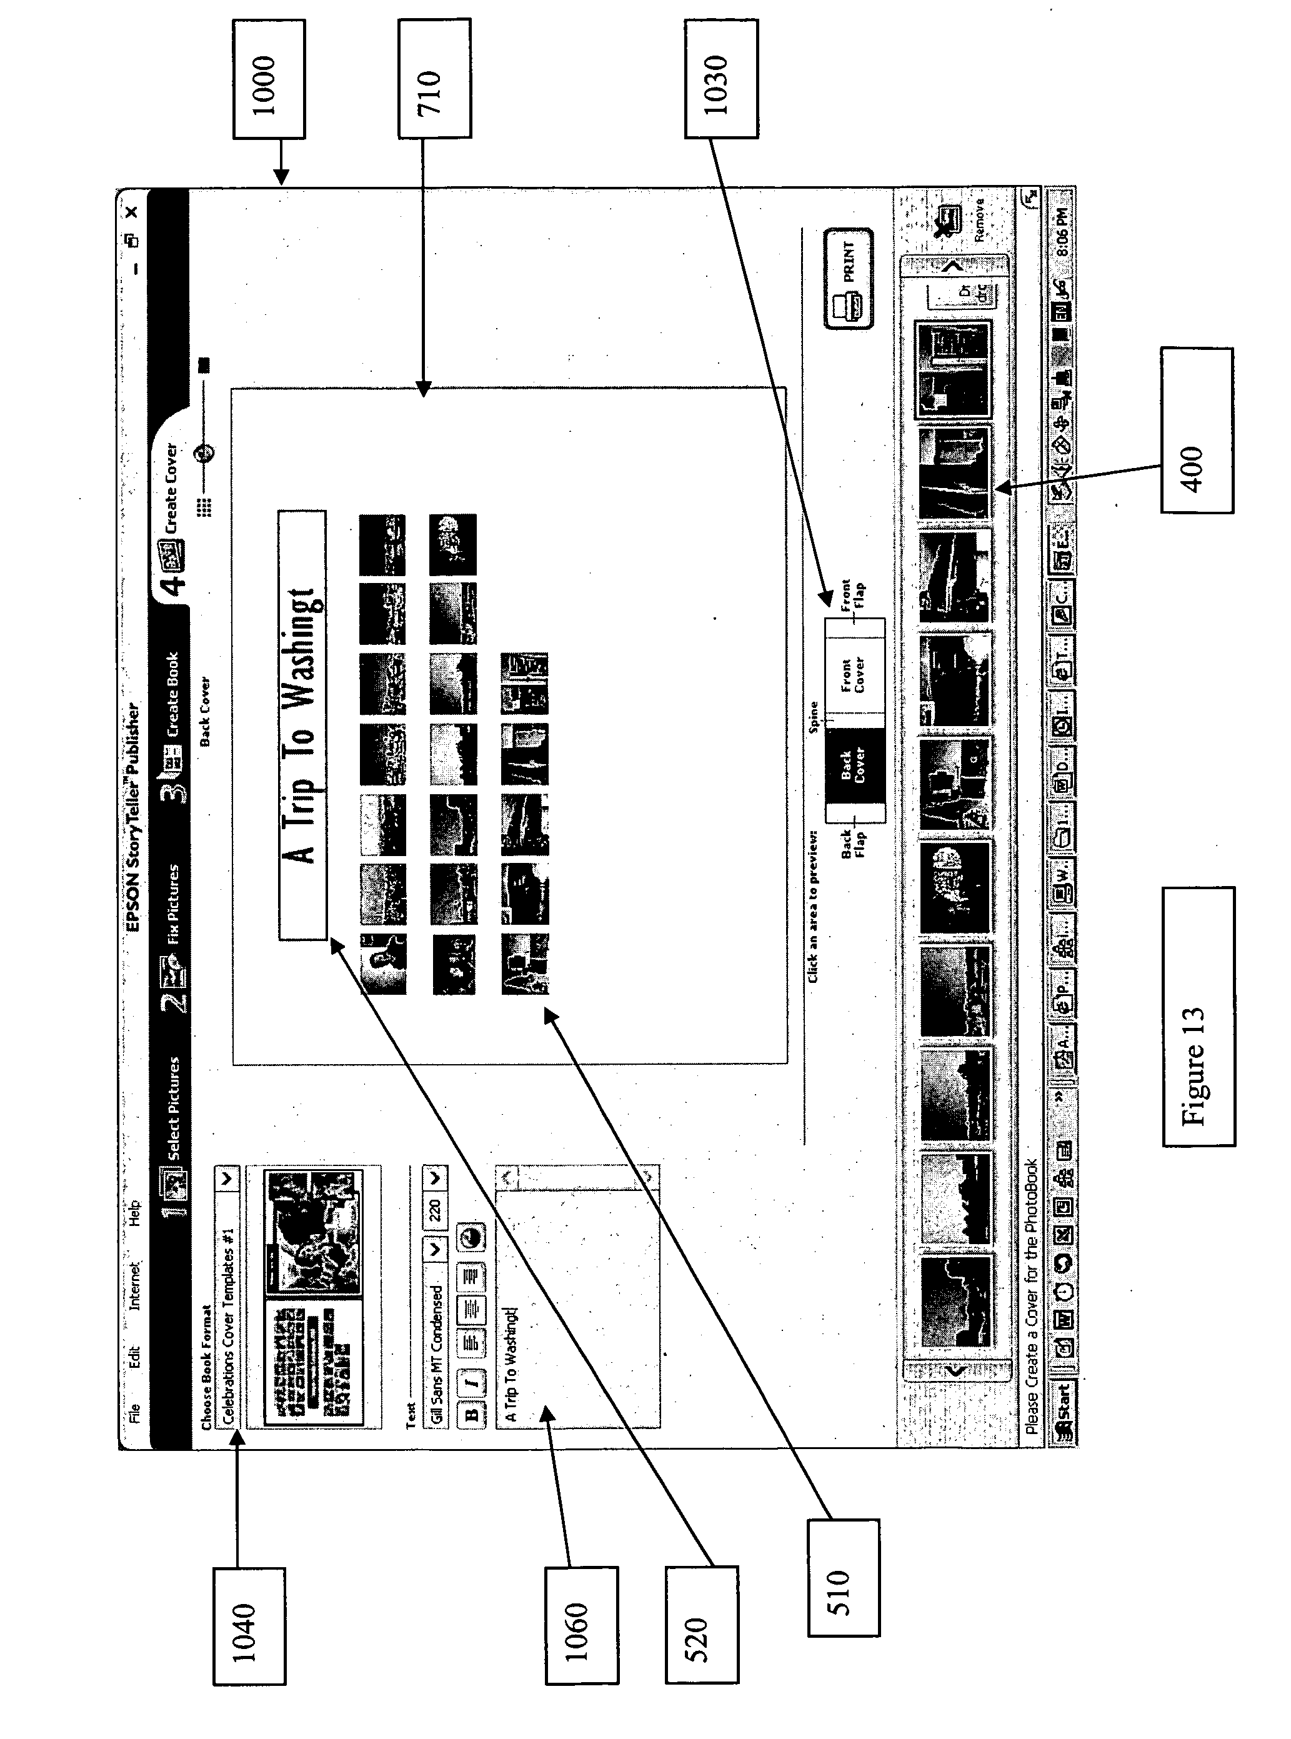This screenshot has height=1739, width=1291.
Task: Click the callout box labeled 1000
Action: click(268, 79)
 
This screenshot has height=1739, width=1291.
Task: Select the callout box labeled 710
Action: click(434, 79)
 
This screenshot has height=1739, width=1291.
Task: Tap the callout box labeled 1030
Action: click(720, 79)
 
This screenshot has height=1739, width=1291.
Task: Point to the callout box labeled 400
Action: click(1197, 431)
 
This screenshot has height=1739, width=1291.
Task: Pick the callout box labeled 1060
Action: click(581, 1625)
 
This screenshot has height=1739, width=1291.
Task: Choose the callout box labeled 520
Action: click(701, 1624)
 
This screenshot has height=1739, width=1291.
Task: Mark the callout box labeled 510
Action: click(842, 1577)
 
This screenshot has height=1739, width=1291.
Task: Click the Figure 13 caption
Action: click(1198, 1016)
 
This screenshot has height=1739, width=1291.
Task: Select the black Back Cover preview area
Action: click(854, 766)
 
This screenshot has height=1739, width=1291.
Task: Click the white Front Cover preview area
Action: click(854, 674)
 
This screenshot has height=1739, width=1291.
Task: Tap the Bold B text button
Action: click(471, 1412)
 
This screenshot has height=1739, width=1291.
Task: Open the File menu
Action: click(134, 1412)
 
